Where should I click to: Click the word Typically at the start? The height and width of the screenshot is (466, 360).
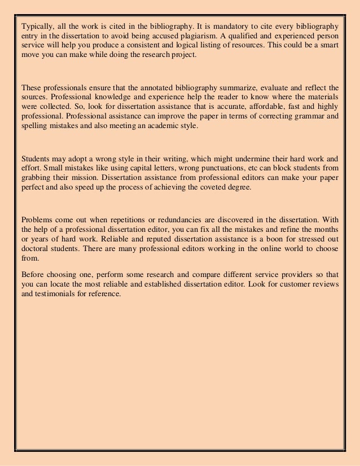pos(36,27)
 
